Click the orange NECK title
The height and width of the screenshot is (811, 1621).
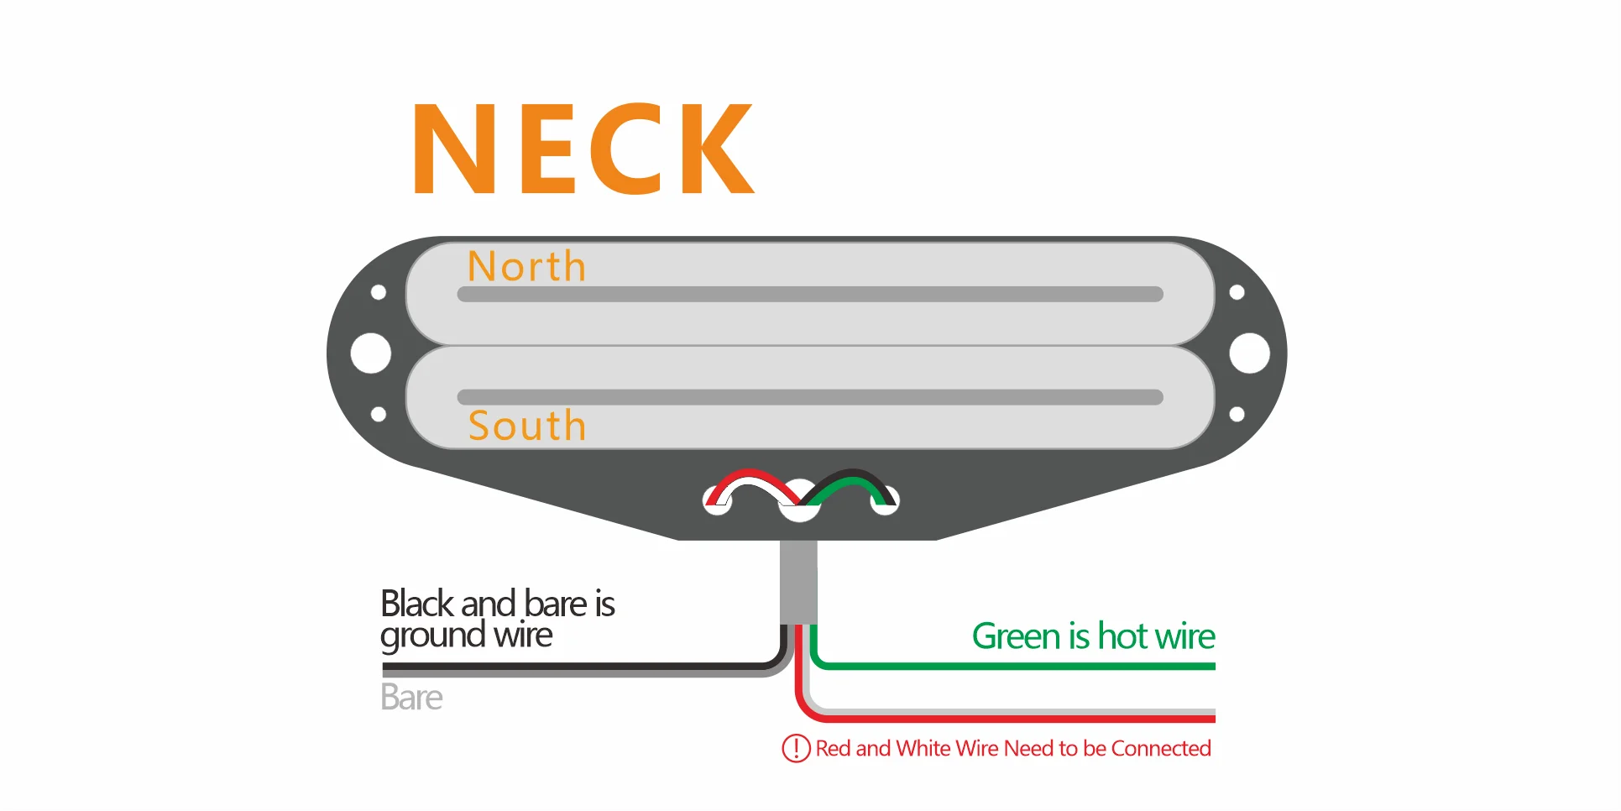pyautogui.click(x=583, y=149)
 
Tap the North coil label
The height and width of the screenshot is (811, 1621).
pyautogui.click(x=526, y=266)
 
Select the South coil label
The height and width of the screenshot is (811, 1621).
pyautogui.click(x=526, y=426)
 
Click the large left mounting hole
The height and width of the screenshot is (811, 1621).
pyautogui.click(x=370, y=353)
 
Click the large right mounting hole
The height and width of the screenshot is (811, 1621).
pyautogui.click(x=1249, y=353)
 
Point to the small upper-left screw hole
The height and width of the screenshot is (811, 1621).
pyautogui.click(x=379, y=292)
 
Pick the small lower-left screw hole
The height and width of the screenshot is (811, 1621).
pyautogui.click(x=379, y=414)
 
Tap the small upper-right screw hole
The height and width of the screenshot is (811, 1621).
pyautogui.click(x=1237, y=292)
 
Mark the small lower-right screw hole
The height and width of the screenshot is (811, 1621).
pyautogui.click(x=1237, y=414)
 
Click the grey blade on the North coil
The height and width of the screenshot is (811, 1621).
pyautogui.click(x=810, y=295)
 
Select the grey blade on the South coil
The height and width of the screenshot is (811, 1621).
pyautogui.click(x=810, y=397)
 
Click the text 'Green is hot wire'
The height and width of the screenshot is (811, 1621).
pyautogui.click(x=1093, y=636)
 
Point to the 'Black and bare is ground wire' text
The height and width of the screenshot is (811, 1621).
pyautogui.click(x=497, y=619)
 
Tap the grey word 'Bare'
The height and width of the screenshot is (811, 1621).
pyautogui.click(x=410, y=698)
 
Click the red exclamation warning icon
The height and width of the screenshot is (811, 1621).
pyautogui.click(x=796, y=748)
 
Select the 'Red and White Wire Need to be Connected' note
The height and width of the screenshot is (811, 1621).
pyautogui.click(x=1013, y=748)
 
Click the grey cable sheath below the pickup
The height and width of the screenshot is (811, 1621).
pyautogui.click(x=798, y=581)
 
